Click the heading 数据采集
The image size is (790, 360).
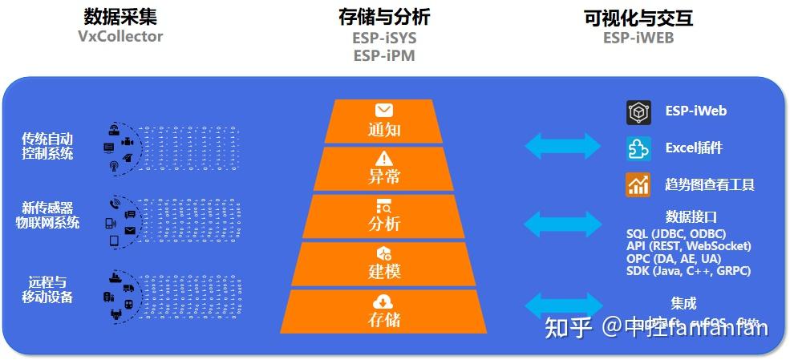click(120, 17)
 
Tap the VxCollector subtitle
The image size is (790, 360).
click(120, 36)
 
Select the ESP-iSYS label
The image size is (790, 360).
click(384, 38)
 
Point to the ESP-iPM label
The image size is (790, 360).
click(384, 55)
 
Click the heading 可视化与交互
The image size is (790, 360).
click(638, 17)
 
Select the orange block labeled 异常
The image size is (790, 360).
click(383, 168)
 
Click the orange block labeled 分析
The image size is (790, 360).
click(383, 216)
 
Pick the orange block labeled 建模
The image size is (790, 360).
click(383, 264)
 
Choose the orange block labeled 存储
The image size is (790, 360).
click(383, 312)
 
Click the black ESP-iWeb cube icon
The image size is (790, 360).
click(638, 111)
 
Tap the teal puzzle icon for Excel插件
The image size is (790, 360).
click(638, 148)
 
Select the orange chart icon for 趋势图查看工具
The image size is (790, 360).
click(638, 185)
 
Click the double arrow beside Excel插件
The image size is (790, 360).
click(562, 146)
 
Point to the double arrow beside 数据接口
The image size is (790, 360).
click(562, 224)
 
